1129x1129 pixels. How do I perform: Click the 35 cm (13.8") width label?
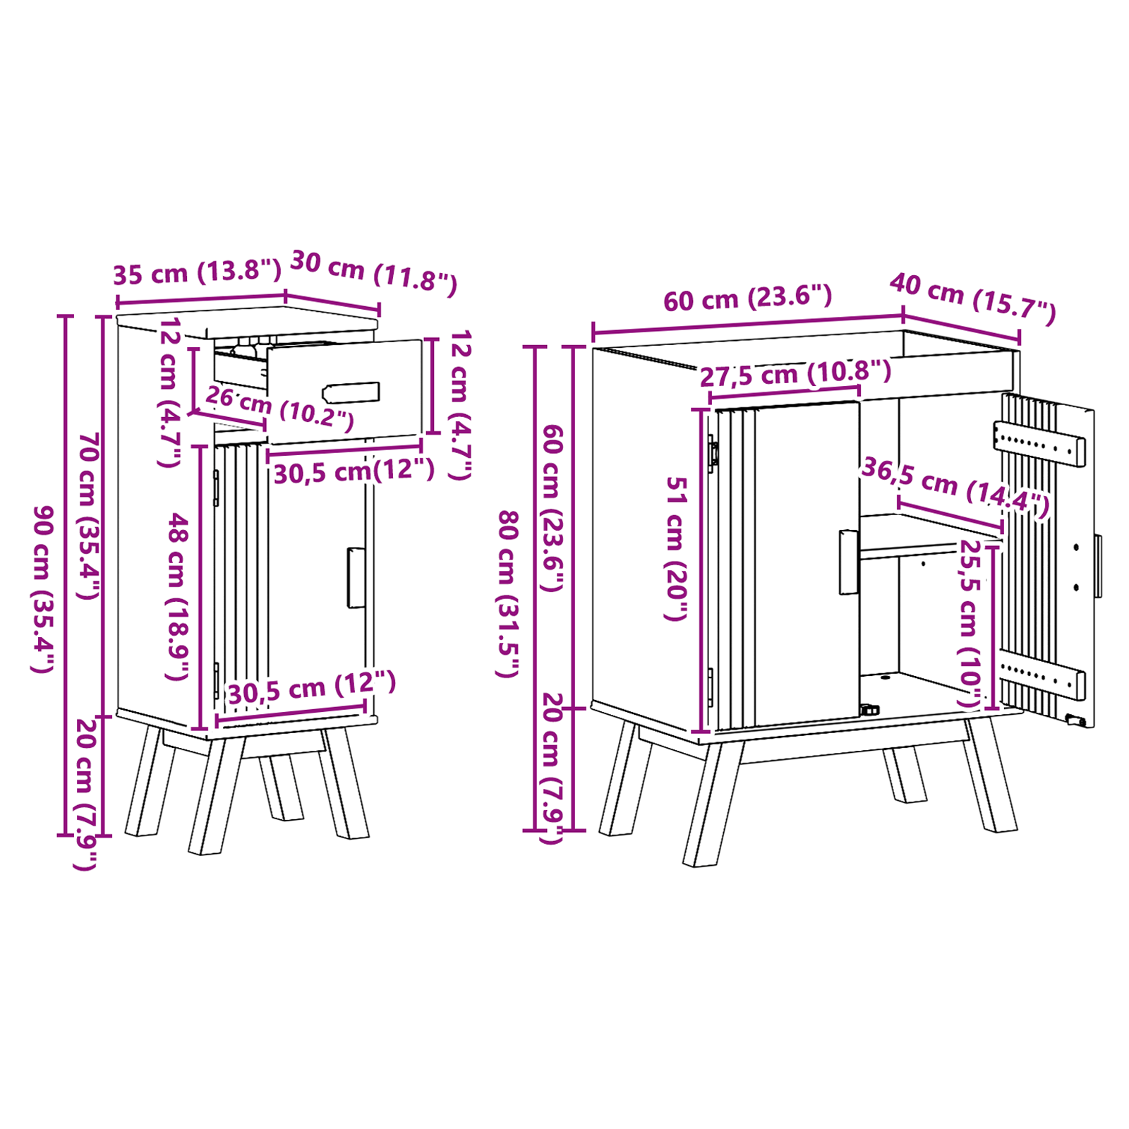[x=197, y=272]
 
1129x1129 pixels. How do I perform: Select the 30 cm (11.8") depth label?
[x=374, y=272]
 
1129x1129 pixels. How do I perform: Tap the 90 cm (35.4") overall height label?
[x=43, y=589]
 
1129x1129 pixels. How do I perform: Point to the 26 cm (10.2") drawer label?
[x=279, y=407]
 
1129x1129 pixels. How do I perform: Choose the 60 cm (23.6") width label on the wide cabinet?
[x=748, y=298]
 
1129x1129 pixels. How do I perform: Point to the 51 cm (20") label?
[x=676, y=548]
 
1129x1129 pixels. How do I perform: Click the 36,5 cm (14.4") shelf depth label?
[x=955, y=487]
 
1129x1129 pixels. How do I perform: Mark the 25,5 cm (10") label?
[x=970, y=624]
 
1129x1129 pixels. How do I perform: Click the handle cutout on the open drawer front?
[x=351, y=393]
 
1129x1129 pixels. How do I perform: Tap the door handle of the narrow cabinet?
[x=356, y=577]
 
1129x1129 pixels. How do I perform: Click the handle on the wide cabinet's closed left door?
[x=849, y=562]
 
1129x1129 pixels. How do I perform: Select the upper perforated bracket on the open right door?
[x=1039, y=443]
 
